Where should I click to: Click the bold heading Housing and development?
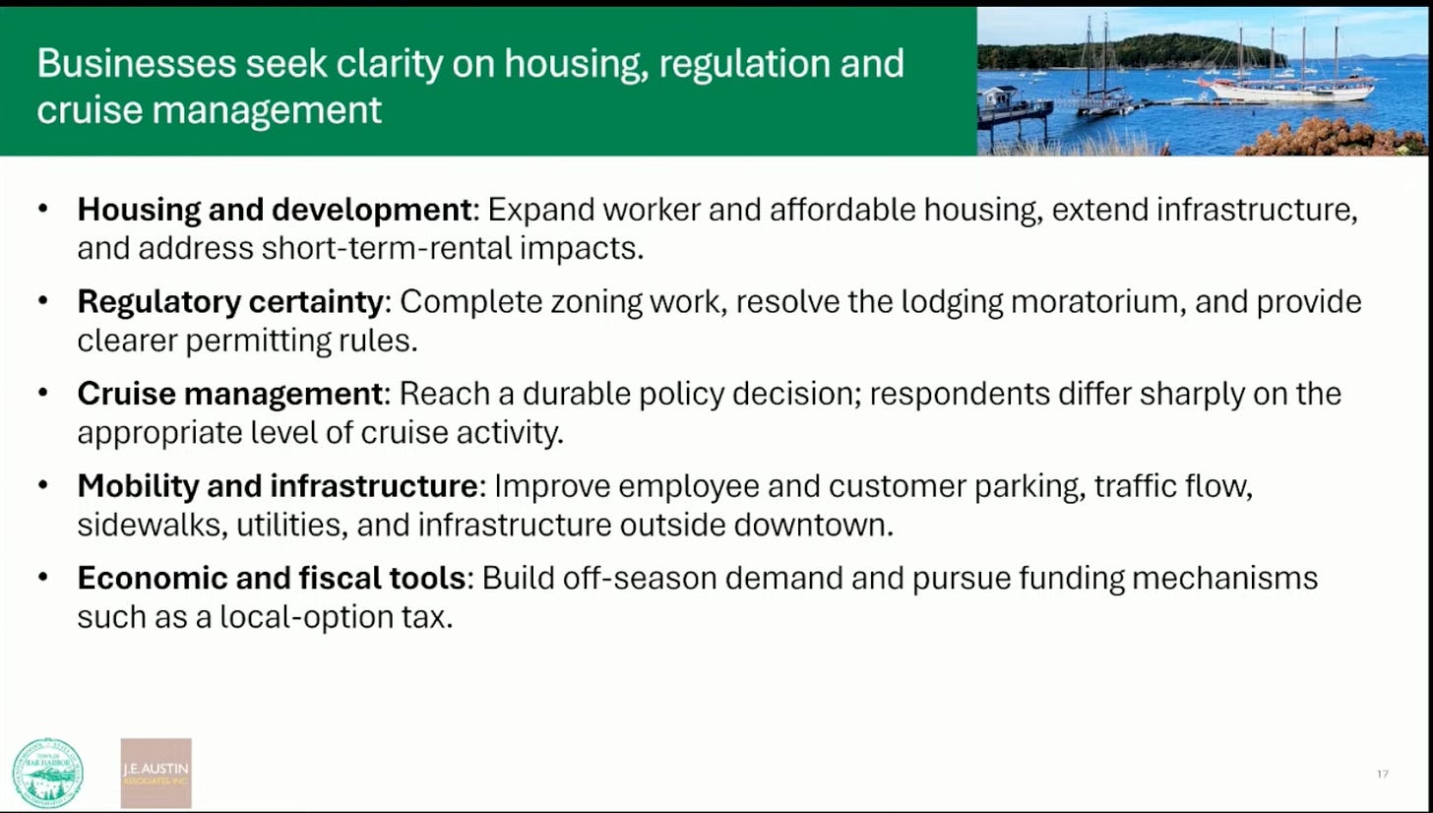click(275, 210)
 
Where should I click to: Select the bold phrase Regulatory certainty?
click(230, 302)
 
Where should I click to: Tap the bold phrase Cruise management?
click(230, 394)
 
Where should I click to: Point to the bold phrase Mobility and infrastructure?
click(278, 486)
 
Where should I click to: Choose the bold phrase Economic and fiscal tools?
click(272, 578)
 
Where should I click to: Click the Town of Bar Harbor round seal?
click(48, 773)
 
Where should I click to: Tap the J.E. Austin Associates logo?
click(156, 773)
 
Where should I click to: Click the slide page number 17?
click(1383, 774)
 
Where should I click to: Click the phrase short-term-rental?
click(387, 248)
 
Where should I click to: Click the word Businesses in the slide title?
click(137, 63)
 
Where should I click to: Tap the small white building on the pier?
click(1001, 97)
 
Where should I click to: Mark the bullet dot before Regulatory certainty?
click(43, 300)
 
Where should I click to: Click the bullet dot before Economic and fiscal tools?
click(43, 577)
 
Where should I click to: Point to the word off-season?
click(640, 578)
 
